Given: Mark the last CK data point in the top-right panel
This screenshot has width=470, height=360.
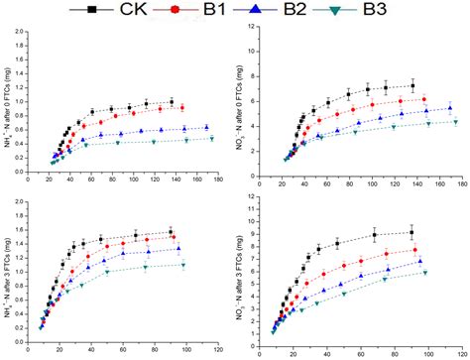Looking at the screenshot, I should coord(412,85).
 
